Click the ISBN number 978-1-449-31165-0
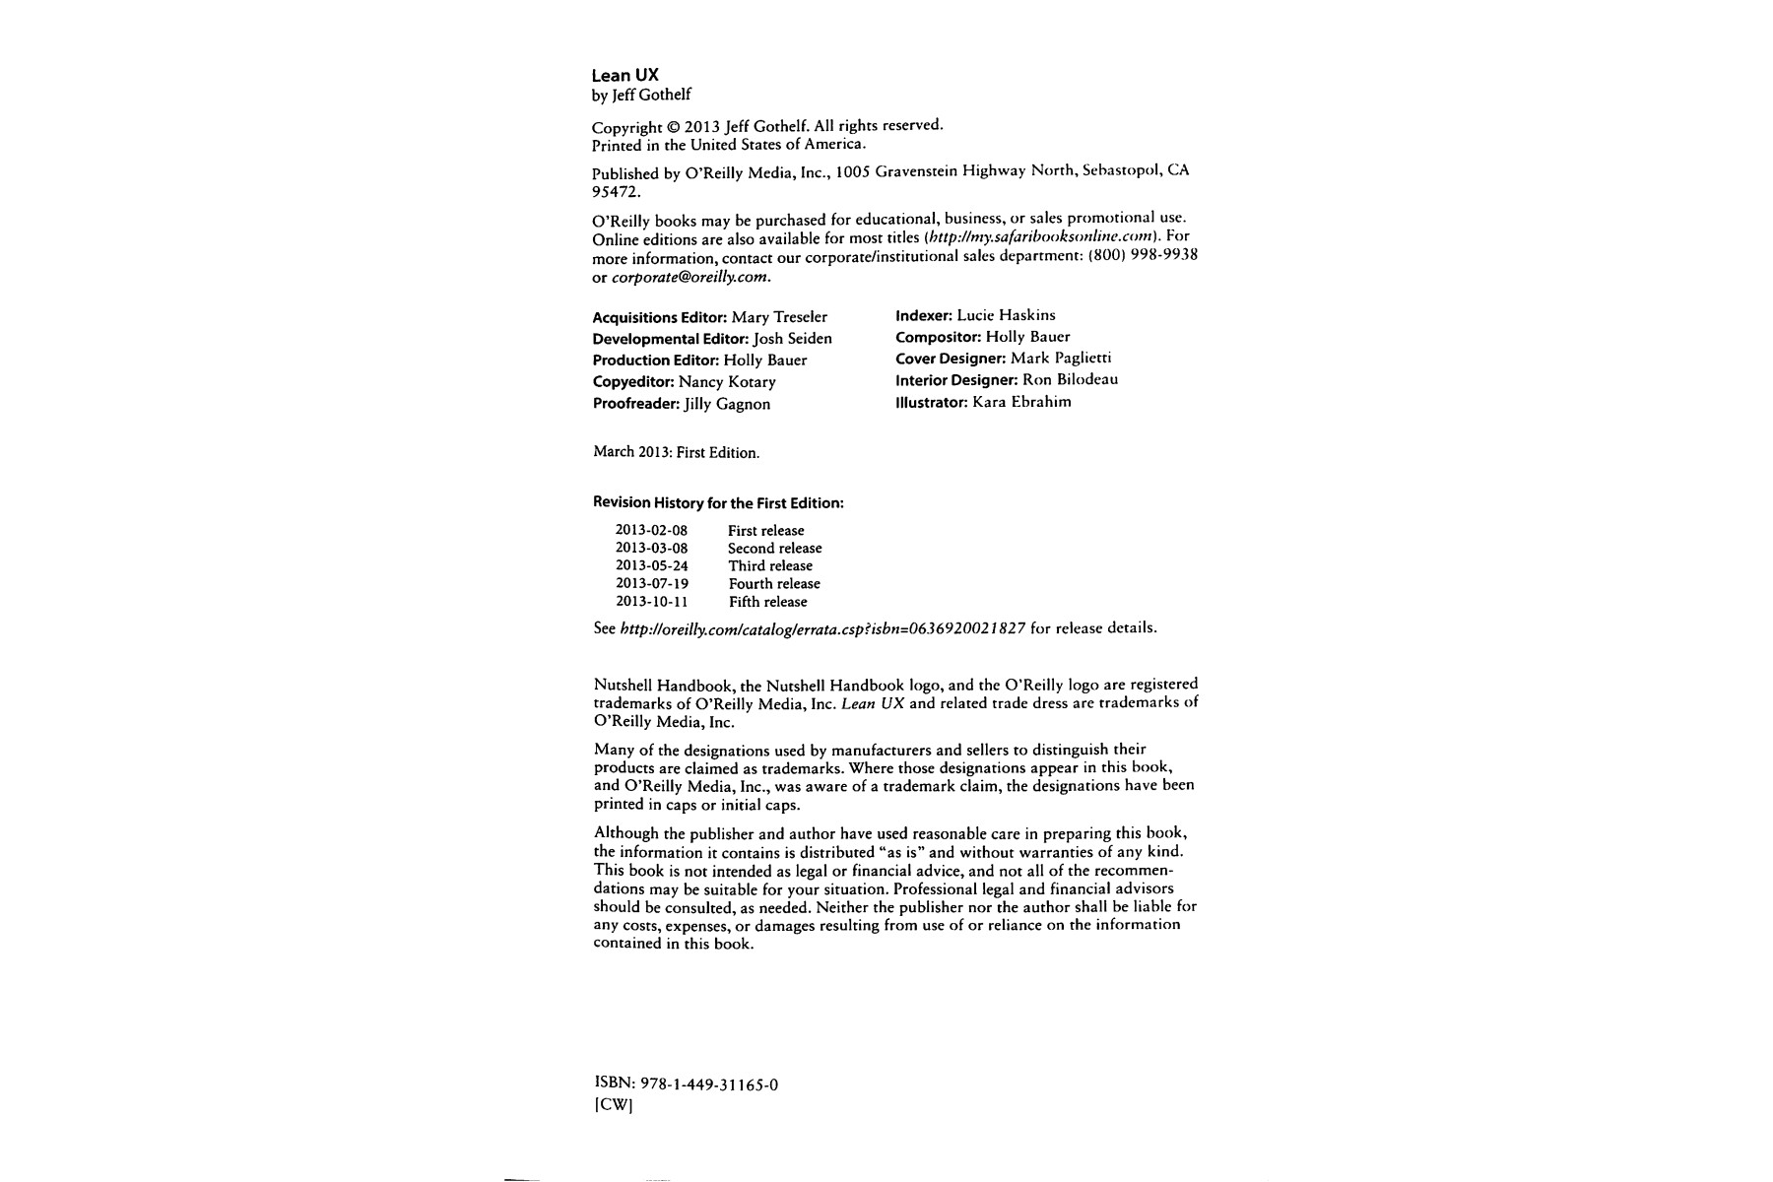pyautogui.click(x=709, y=1084)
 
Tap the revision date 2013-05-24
pyautogui.click(x=651, y=565)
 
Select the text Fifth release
pyautogui.click(x=767, y=602)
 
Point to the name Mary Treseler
pyautogui.click(x=779, y=317)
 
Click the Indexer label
pyautogui.click(x=924, y=315)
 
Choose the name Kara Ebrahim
pyautogui.click(x=1021, y=402)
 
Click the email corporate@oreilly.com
pyautogui.click(x=689, y=277)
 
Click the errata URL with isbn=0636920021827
pyautogui.click(x=822, y=628)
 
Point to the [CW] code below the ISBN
pyautogui.click(x=613, y=1105)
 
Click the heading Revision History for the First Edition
pyautogui.click(x=718, y=502)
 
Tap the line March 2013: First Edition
pyautogui.click(x=676, y=453)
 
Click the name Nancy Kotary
pyautogui.click(x=727, y=382)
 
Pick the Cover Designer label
pyautogui.click(x=951, y=359)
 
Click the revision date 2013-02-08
pyautogui.click(x=651, y=530)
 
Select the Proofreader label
pyautogui.click(x=636, y=404)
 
